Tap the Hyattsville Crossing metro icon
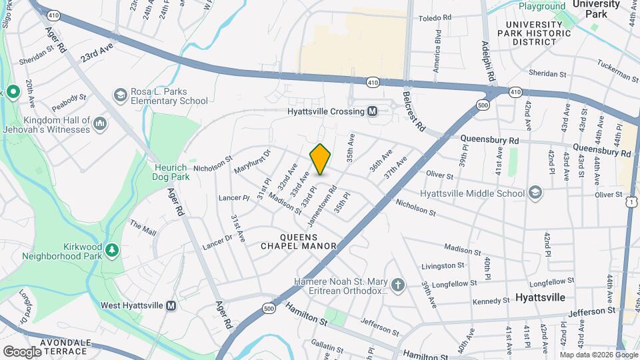click(x=372, y=111)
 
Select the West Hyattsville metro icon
click(x=171, y=305)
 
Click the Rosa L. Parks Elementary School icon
click(x=120, y=95)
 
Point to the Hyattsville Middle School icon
click(x=534, y=193)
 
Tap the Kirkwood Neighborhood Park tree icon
click(x=113, y=250)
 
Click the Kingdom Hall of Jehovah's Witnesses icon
click(x=100, y=123)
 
